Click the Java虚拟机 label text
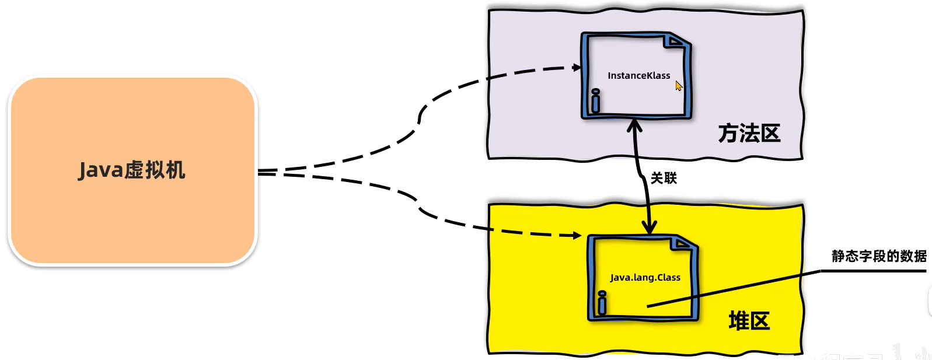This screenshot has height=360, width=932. pos(132,170)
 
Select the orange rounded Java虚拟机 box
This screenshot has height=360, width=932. pos(132,228)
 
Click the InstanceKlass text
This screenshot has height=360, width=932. pos(638,76)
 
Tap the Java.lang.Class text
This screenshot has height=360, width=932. pos(645,278)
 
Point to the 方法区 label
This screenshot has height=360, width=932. pos(749,134)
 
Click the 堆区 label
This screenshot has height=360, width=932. pos(749,321)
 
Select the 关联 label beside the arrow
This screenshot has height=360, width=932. pos(664,179)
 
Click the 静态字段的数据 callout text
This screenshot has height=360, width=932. pos(879,256)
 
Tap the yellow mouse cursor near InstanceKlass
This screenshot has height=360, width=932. pos(678,86)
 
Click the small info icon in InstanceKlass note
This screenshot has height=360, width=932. pos(595,101)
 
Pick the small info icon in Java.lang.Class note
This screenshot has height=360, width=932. pos(602,302)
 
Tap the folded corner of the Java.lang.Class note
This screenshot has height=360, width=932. pos(682,243)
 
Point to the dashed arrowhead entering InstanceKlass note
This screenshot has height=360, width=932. pos(577,68)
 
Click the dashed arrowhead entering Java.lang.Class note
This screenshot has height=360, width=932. pos(577,235)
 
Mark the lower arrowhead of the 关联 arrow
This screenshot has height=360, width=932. pos(649,228)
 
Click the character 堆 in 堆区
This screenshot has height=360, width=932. pos(738,321)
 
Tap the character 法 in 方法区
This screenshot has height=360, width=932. pos(749,134)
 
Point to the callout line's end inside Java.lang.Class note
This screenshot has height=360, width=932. pos(648,306)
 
